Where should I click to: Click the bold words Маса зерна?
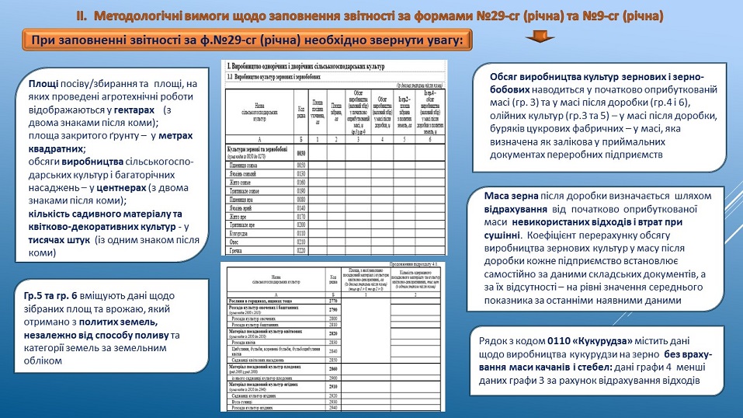[511, 195]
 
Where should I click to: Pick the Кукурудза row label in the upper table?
[240, 232]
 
